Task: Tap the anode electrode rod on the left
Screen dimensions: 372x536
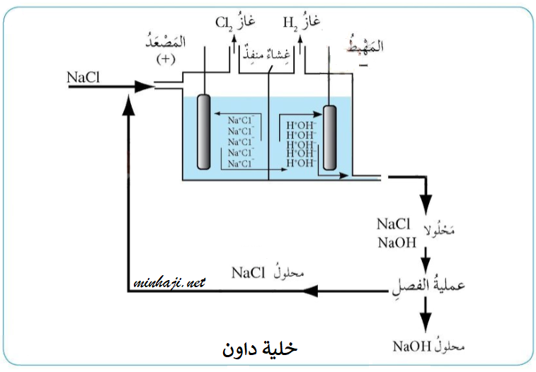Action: (204, 132)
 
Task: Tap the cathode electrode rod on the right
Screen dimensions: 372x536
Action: (329, 138)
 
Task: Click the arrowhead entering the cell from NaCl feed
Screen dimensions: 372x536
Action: (144, 86)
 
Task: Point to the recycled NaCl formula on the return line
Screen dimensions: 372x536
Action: (248, 272)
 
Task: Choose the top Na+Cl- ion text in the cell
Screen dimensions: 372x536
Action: (240, 121)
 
